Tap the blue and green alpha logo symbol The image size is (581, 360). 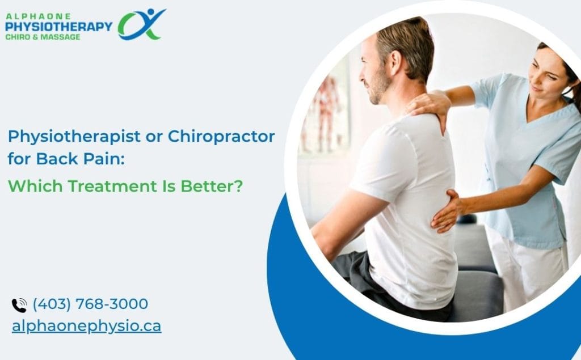140,24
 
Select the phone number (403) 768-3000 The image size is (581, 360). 90,304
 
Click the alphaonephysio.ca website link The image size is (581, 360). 86,326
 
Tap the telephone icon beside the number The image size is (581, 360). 19,305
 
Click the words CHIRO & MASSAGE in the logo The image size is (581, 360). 43,37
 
